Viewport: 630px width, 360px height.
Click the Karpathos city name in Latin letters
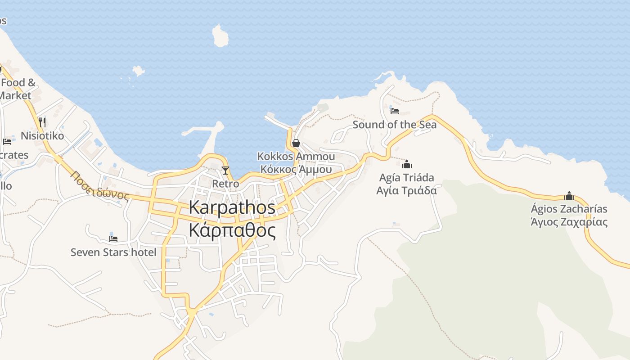(x=232, y=207)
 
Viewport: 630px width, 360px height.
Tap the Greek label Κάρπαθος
(x=232, y=230)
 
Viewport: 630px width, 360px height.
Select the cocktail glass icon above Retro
(x=225, y=171)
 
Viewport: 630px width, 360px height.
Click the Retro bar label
(x=225, y=184)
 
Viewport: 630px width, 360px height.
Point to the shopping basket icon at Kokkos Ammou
(x=296, y=144)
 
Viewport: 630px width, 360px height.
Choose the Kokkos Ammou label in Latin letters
(x=296, y=156)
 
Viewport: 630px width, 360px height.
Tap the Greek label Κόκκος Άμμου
(x=296, y=170)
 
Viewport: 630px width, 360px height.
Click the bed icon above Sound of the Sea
(x=395, y=111)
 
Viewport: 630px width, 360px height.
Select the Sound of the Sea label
(x=394, y=125)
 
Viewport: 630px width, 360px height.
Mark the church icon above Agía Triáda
(x=407, y=164)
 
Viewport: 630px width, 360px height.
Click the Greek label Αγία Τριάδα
(x=407, y=190)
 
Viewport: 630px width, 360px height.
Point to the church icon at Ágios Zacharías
(x=569, y=196)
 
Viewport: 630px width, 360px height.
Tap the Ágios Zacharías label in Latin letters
(x=569, y=209)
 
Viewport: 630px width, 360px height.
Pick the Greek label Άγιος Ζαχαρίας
(x=569, y=222)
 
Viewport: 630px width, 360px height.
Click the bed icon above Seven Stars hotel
(x=113, y=238)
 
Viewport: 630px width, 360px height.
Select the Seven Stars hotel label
(x=113, y=252)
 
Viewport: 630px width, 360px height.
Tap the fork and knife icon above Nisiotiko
(x=42, y=122)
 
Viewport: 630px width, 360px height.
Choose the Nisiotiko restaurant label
(x=42, y=136)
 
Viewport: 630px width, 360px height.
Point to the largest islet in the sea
(x=220, y=36)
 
